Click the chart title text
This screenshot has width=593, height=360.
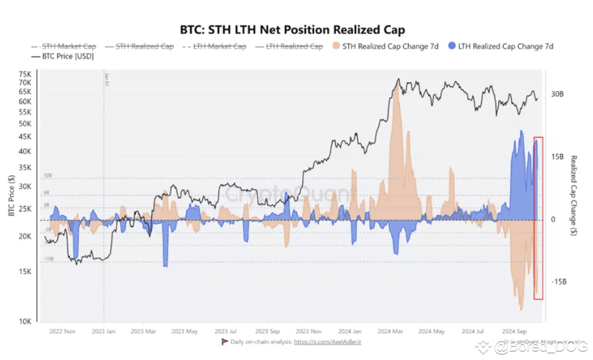point(292,29)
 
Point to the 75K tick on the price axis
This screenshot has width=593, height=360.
point(26,74)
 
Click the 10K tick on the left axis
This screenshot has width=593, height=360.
point(26,322)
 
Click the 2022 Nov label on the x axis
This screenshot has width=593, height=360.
point(62,332)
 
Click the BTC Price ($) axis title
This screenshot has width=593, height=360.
point(11,195)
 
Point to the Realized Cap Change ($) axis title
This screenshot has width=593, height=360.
point(574,196)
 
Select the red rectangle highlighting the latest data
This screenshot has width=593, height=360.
point(538,218)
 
